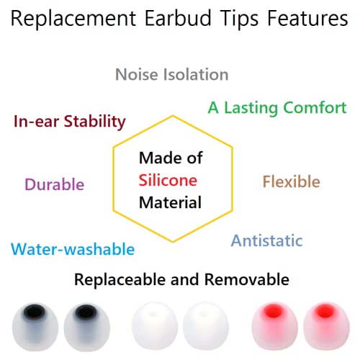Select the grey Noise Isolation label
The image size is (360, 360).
pyautogui.click(x=172, y=74)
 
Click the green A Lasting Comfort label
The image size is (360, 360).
pyautogui.click(x=277, y=108)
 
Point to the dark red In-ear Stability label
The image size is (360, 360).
pyautogui.click(x=70, y=121)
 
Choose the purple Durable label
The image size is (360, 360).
pyautogui.click(x=55, y=184)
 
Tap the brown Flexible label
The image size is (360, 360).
pyautogui.click(x=291, y=181)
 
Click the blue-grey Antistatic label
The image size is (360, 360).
pyautogui.click(x=266, y=240)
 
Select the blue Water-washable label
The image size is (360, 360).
pyautogui.click(x=73, y=250)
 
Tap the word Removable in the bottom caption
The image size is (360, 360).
pyautogui.click(x=248, y=279)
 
